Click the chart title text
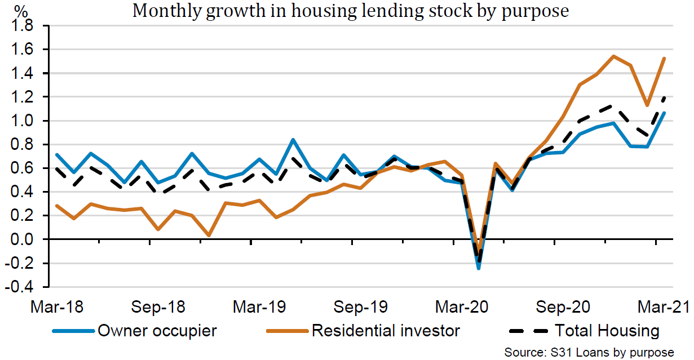pyautogui.click(x=350, y=11)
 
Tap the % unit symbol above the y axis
pyautogui.click(x=21, y=10)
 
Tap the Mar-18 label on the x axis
pyautogui.click(x=56, y=308)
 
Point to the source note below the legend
pyautogui.click(x=589, y=352)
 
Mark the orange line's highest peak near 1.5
pyautogui.click(x=613, y=56)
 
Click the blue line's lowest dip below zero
pyautogui.click(x=479, y=268)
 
